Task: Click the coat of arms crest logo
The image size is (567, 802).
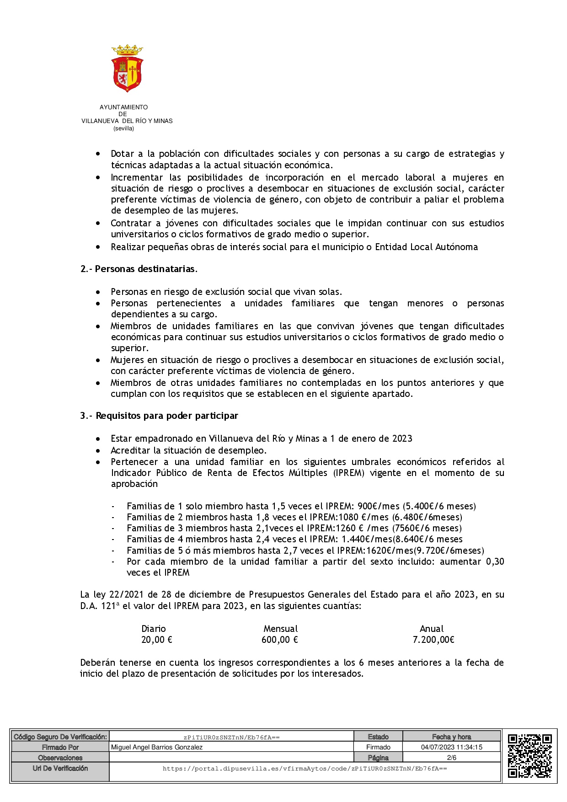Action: click(127, 68)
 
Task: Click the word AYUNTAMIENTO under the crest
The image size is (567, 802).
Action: click(123, 107)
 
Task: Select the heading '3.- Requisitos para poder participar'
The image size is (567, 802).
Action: click(159, 416)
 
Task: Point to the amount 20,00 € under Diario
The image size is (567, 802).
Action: click(156, 640)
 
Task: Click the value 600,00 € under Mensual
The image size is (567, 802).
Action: click(279, 640)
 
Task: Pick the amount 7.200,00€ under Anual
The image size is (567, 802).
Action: click(433, 640)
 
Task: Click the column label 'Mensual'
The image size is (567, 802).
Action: click(280, 629)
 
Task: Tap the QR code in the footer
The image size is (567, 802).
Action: click(530, 756)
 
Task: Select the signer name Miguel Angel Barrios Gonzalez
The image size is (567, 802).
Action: click(157, 747)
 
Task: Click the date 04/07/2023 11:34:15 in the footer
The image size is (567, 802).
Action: click(451, 747)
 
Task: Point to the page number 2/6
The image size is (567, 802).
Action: click(451, 758)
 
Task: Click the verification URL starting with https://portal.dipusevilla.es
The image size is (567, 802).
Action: click(305, 769)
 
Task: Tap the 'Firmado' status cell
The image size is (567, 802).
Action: click(378, 747)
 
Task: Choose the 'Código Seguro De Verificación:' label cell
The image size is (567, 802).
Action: click(60, 737)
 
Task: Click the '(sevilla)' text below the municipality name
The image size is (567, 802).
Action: click(123, 128)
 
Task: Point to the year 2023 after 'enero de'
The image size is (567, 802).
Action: click(402, 438)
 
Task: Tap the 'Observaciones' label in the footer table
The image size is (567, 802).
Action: click(60, 758)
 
